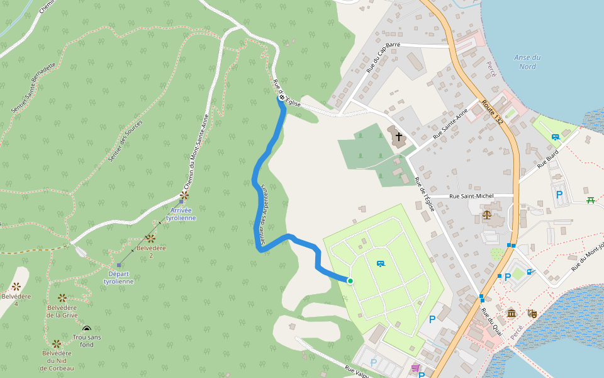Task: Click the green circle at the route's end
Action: pos(350,281)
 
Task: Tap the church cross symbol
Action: pos(398,136)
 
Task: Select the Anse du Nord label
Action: pos(527,62)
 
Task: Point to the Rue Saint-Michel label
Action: pos(471,197)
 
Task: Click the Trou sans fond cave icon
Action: pos(87,329)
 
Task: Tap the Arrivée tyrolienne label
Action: pos(181,214)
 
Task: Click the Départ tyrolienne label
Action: pos(118,278)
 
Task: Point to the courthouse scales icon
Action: pos(487,215)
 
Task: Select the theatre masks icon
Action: pos(532,312)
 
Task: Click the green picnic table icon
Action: pos(590,200)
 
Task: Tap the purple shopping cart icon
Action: pos(415,368)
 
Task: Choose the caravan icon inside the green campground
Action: pos(380,263)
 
